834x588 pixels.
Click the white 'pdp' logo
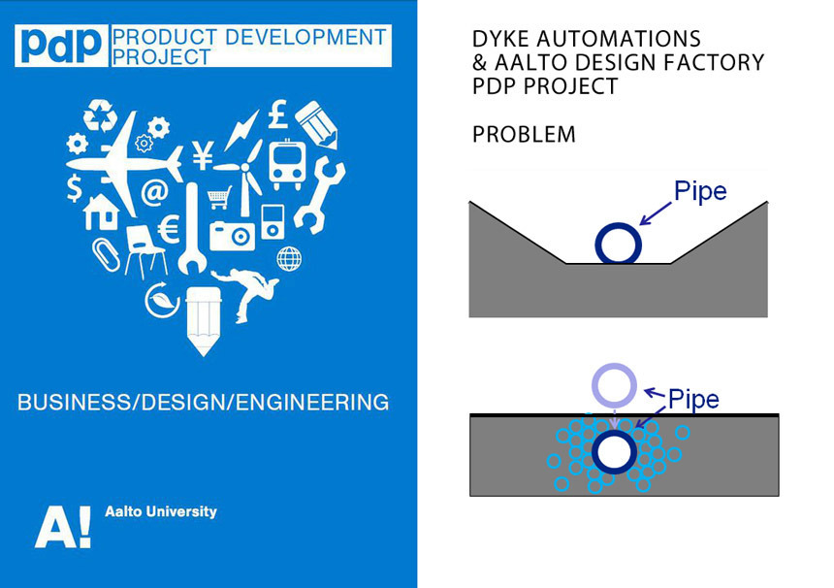coord(59,46)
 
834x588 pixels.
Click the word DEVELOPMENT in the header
coord(305,37)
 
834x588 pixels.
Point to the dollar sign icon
coord(75,188)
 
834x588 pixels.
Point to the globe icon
coord(289,259)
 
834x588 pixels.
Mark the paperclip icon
coord(104,255)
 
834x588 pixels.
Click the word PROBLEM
coord(524,135)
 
